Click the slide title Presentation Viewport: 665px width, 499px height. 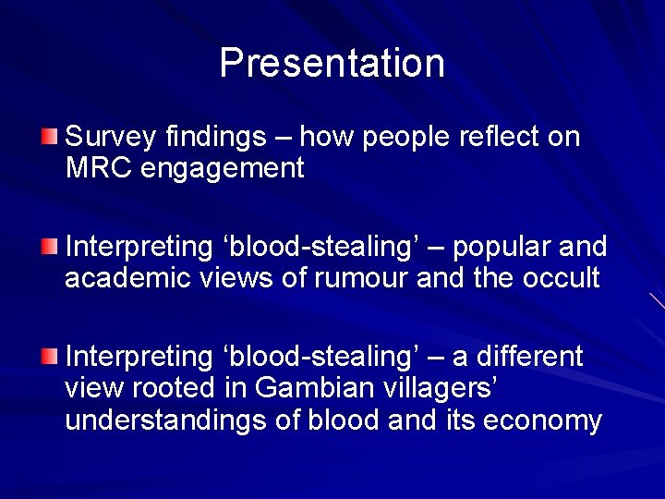tap(332, 63)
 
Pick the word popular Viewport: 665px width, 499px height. tap(501, 248)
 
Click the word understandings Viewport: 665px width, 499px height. tap(154, 421)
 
